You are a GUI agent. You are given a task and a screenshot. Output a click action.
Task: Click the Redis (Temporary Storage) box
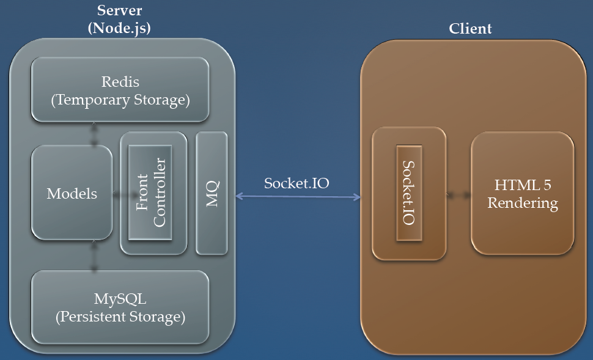[x=120, y=90]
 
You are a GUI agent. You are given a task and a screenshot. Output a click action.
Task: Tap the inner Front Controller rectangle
[x=150, y=193]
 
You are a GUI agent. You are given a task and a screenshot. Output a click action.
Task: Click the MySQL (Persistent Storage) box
[x=120, y=307]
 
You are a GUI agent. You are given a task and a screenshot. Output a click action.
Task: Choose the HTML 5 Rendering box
[x=522, y=193]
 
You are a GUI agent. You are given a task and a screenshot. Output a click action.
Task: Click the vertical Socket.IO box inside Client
[x=409, y=193]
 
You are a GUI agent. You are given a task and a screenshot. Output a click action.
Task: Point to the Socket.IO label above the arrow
[x=296, y=183]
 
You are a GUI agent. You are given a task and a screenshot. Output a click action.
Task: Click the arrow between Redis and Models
[x=94, y=134]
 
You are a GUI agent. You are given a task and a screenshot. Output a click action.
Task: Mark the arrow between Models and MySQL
[x=94, y=255]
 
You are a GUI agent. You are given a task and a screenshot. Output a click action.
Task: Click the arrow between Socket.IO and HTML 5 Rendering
[x=458, y=195]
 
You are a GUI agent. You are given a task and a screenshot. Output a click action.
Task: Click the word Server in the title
[x=119, y=10]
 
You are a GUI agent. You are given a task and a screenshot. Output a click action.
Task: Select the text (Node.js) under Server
[x=119, y=28]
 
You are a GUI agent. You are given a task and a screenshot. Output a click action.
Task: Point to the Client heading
[x=470, y=29]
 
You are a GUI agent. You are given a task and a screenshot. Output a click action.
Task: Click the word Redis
[x=120, y=82]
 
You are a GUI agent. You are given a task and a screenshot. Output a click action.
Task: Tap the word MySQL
[x=120, y=299]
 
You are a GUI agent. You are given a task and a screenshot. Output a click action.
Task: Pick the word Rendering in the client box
[x=522, y=203]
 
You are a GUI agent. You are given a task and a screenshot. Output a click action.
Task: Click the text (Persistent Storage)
[x=120, y=317]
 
